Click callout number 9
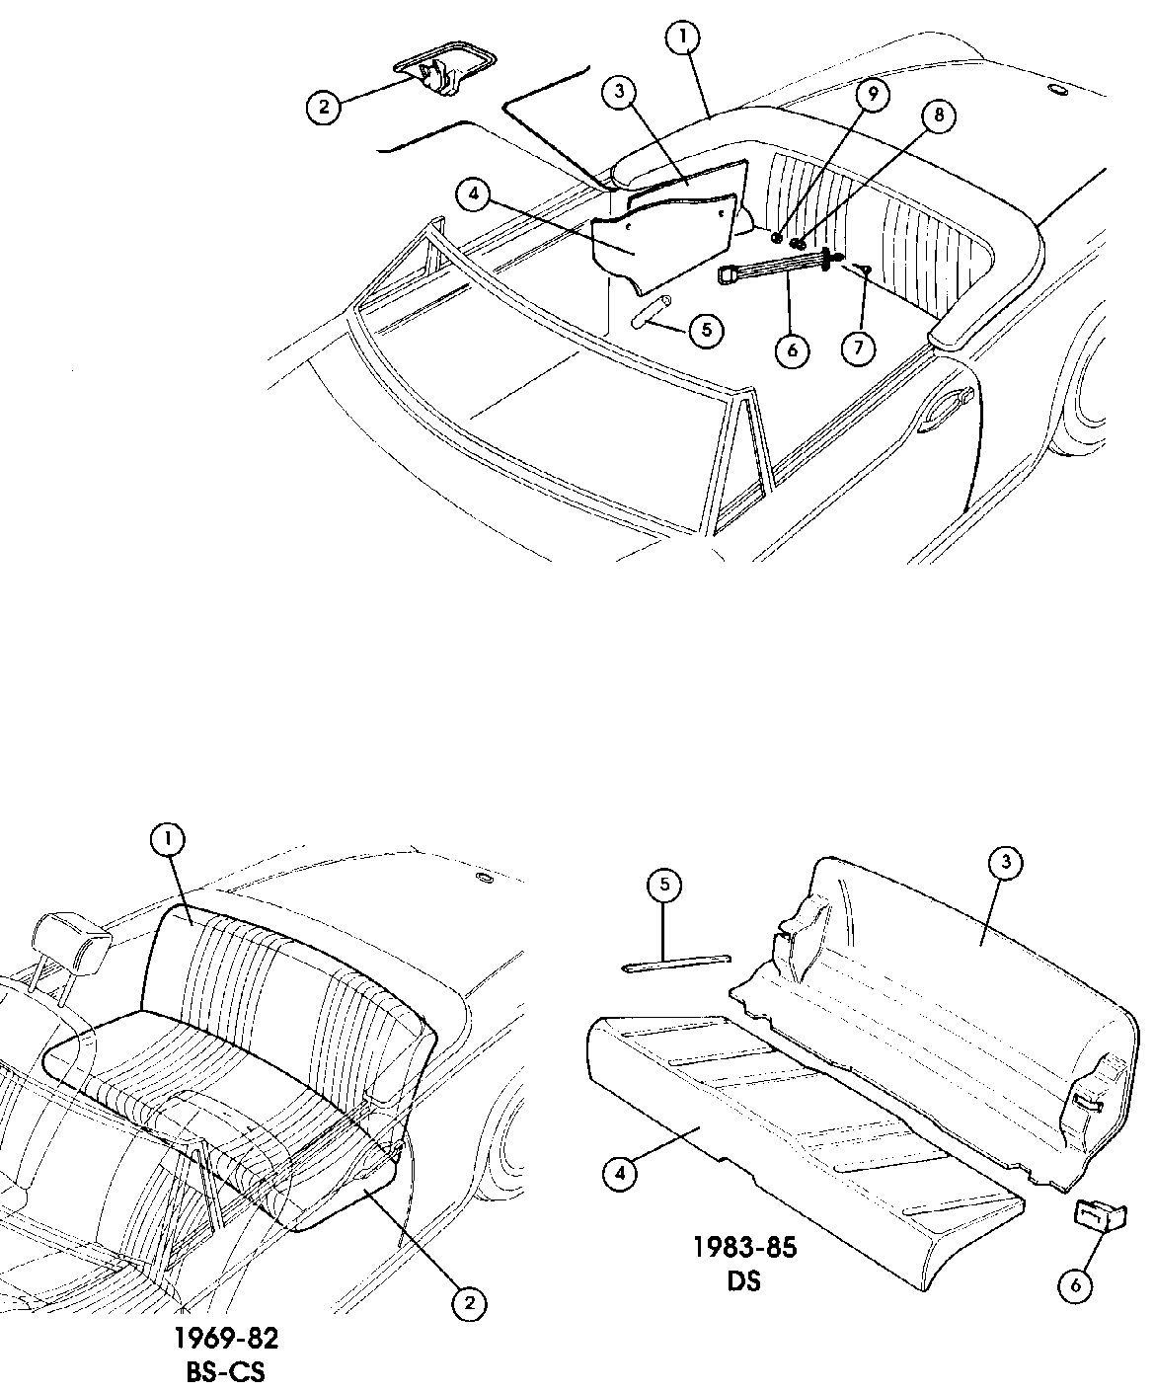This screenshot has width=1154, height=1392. pos(873,95)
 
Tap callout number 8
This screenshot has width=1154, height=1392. pos(937,116)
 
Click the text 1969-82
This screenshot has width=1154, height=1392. pos(226,1339)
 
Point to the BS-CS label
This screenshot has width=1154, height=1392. pos(225,1373)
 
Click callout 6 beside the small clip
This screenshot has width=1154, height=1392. pos(1075,1284)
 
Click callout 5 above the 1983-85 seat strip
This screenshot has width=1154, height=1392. pos(664,886)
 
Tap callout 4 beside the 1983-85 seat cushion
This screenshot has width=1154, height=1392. pos(619,1173)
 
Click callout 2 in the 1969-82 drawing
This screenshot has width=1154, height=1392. pos(469,1303)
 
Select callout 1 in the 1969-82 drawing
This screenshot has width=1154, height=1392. pos(168,839)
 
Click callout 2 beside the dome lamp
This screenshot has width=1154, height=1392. pos(323,106)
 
